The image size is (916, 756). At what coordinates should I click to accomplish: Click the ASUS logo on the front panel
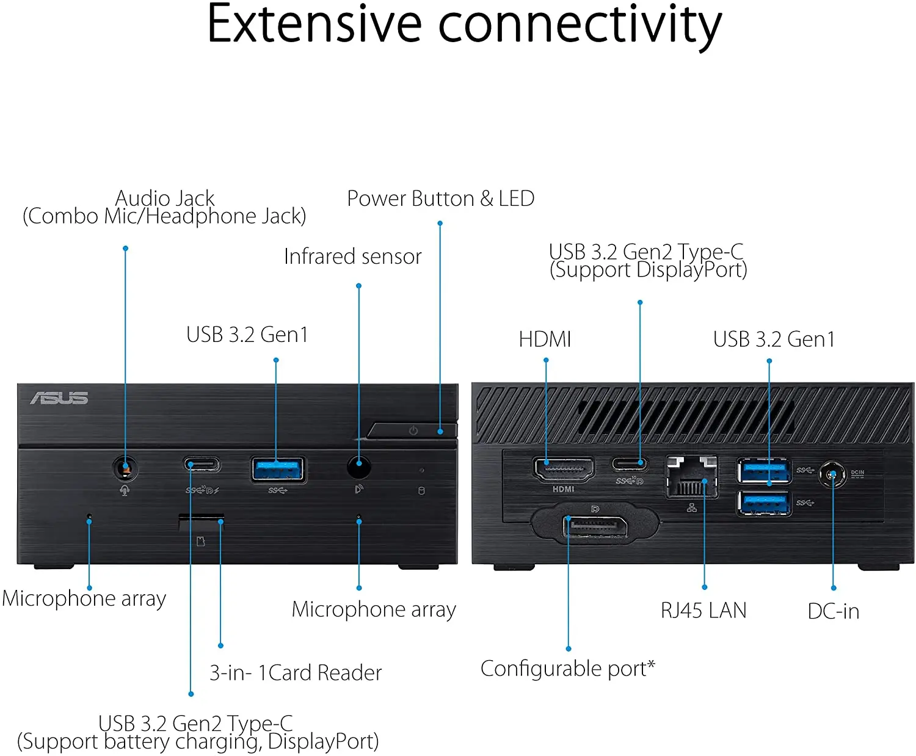coord(59,398)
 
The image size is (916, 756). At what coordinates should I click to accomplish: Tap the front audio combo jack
coord(125,468)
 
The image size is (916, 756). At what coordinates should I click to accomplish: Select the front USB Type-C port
coord(202,465)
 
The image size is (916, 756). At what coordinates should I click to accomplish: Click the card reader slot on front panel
coord(201,520)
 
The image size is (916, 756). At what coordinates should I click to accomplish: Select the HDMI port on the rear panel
coord(564,470)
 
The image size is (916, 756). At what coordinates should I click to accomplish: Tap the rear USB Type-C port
coord(630,463)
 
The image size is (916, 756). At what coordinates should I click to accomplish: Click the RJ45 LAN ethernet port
coord(691,477)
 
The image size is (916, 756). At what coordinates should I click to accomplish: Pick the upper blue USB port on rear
coord(763,471)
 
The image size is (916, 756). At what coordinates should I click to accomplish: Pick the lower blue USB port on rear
coord(763,503)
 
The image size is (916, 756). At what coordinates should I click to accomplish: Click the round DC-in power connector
coord(832,474)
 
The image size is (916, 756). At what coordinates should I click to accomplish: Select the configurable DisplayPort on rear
coord(595,526)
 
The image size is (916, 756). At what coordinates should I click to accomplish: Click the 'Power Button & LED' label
coord(440,199)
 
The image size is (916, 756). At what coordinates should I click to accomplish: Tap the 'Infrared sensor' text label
coord(352,256)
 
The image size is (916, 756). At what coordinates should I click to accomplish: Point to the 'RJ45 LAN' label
coord(703,611)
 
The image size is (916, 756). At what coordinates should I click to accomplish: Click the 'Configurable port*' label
coord(567,669)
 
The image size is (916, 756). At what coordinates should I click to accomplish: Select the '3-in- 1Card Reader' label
coord(296,673)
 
